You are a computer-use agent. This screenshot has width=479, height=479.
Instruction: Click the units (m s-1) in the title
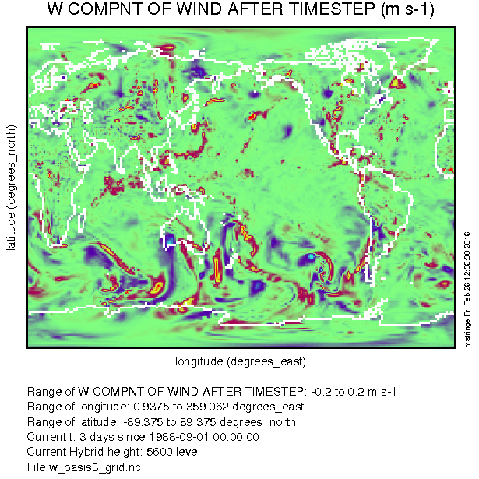pos(407,9)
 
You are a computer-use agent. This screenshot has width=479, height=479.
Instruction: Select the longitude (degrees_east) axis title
pos(241,361)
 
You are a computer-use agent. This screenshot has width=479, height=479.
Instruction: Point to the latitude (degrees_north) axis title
pos(12,187)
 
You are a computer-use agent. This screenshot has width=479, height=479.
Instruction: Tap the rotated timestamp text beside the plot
pos(467,290)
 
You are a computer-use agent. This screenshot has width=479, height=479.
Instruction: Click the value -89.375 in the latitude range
pos(143,422)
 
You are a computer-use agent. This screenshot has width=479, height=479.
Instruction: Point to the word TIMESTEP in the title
pos(332,9)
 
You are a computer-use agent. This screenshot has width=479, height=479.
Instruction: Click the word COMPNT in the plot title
pos(104,9)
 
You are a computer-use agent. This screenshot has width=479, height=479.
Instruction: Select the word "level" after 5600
pos(188,452)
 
